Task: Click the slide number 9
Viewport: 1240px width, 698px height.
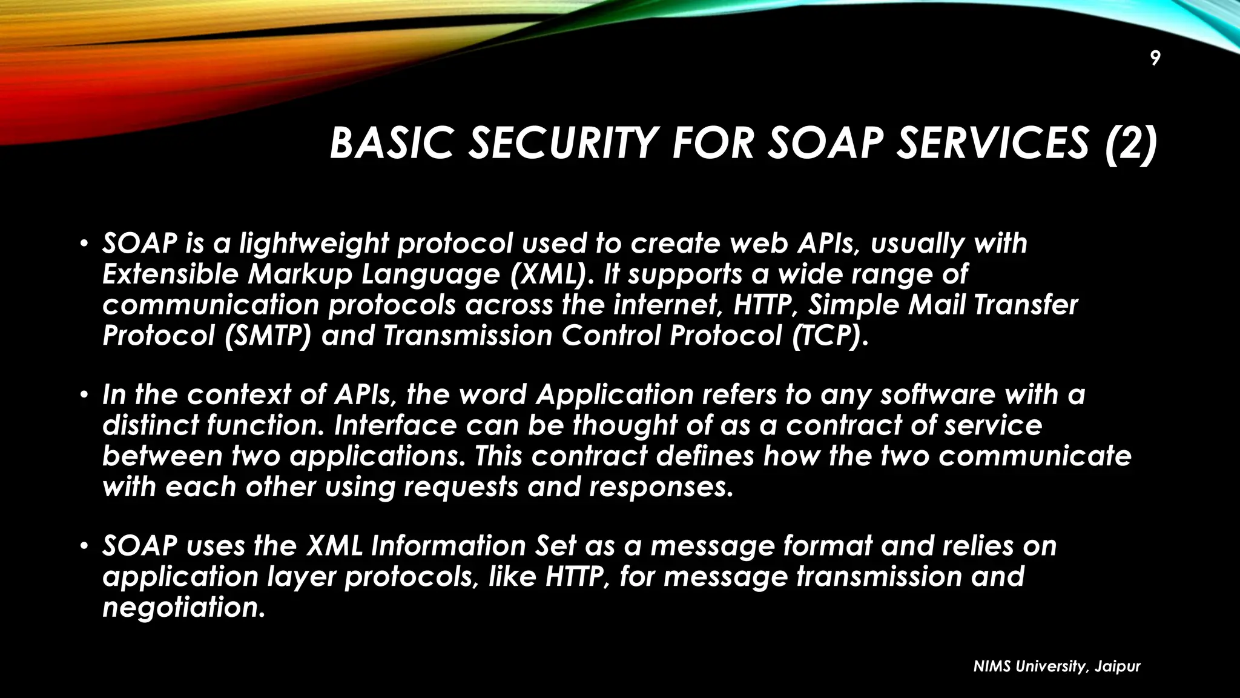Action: point(1155,59)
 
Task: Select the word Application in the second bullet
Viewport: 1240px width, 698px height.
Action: point(615,395)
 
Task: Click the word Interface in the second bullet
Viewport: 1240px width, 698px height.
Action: point(395,425)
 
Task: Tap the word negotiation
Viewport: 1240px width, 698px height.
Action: point(183,608)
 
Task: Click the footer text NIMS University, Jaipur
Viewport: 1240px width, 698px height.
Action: point(1057,666)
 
